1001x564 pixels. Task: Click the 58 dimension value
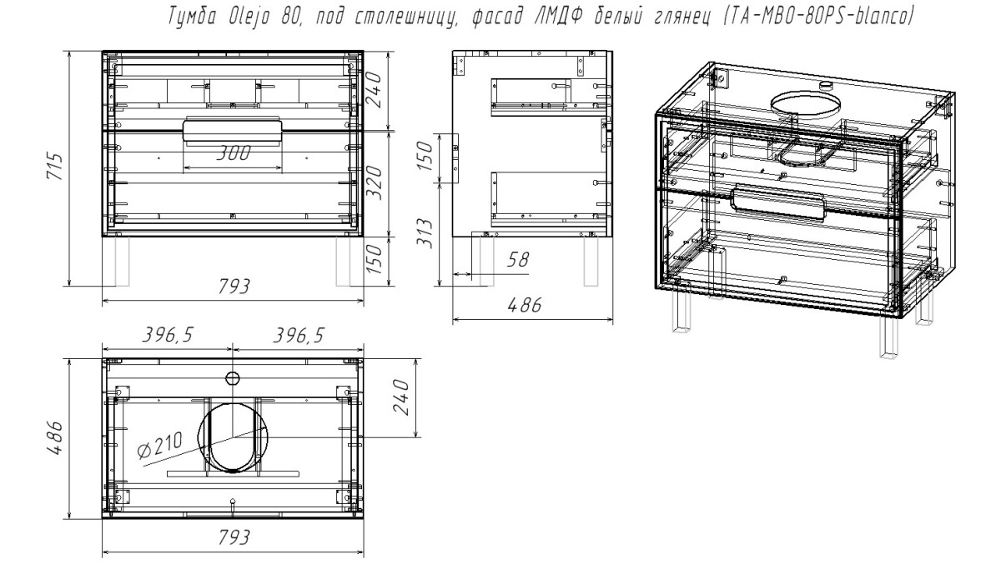point(518,259)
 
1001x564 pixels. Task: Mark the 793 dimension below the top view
point(234,539)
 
